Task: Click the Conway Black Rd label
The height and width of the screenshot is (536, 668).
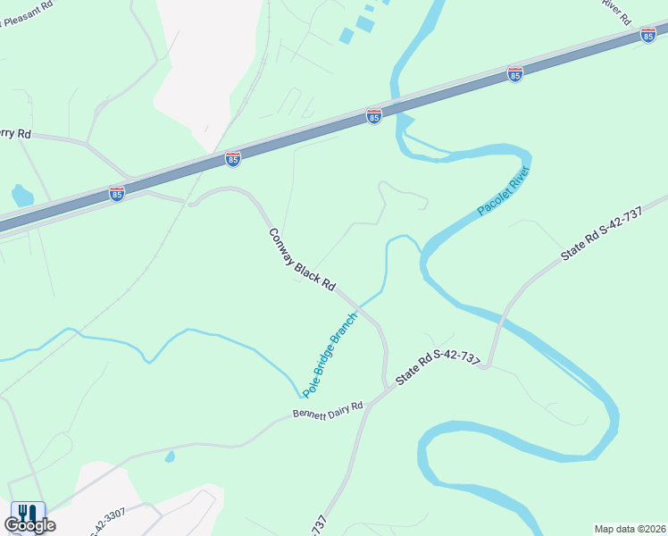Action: (x=302, y=260)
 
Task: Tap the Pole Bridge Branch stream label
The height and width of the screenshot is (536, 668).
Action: (x=330, y=355)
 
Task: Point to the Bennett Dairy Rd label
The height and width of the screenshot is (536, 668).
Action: (x=328, y=410)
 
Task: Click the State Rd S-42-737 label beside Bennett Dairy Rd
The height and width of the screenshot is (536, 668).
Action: (x=438, y=369)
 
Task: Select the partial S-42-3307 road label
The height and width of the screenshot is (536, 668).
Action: (x=107, y=521)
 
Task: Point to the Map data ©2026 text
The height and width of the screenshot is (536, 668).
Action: (x=630, y=529)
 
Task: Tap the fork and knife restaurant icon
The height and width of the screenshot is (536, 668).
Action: (x=27, y=514)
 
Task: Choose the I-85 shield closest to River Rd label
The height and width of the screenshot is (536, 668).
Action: (x=648, y=34)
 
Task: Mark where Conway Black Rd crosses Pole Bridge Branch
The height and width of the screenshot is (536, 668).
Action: (x=363, y=305)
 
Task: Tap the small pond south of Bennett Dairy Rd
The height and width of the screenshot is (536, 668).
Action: (x=170, y=456)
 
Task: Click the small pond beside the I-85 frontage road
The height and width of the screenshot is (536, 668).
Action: (x=22, y=195)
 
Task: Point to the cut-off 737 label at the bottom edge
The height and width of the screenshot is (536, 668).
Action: (x=320, y=524)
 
